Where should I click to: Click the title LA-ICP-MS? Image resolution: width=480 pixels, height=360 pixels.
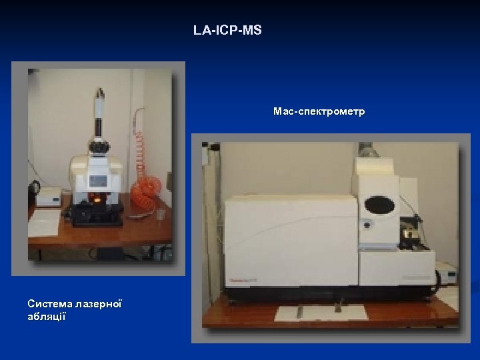point(227,31)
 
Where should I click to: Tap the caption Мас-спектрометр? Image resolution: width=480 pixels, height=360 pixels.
point(319,111)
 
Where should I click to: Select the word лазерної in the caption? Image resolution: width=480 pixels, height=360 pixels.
point(98,303)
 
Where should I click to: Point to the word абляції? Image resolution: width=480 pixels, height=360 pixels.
point(46,316)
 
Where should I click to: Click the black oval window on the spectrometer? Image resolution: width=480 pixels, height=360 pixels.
point(379,205)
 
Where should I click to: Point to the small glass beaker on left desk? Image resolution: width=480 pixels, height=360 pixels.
point(160,215)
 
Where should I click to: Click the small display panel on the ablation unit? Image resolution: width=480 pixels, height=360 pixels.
point(99,180)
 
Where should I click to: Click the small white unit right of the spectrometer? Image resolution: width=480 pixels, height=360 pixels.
point(445,273)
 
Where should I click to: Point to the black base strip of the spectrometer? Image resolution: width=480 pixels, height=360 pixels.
point(320,295)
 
